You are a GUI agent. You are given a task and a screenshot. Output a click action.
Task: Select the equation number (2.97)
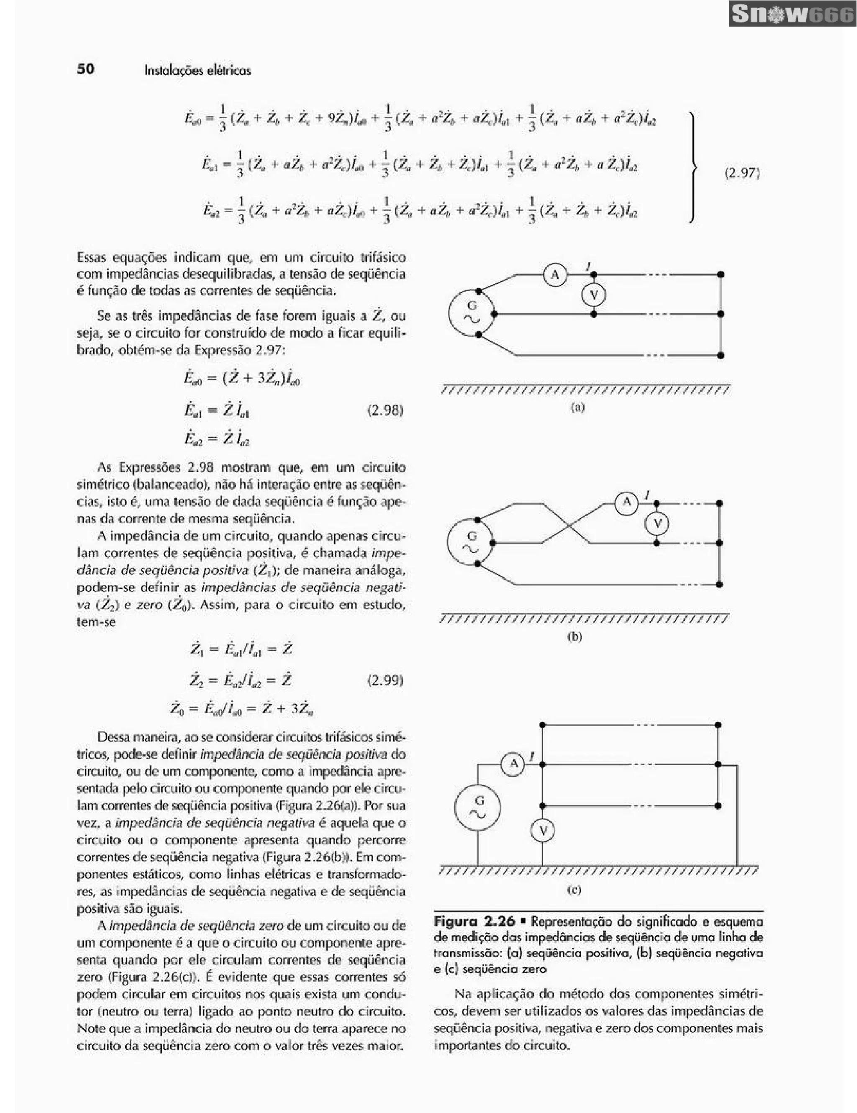tap(742, 173)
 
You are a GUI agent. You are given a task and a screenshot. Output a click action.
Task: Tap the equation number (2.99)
tap(385, 680)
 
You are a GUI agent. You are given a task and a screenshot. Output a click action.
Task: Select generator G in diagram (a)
tap(472, 313)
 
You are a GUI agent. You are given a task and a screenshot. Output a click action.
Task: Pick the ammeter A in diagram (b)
tap(627, 503)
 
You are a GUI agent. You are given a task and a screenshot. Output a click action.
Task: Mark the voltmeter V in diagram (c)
tap(543, 831)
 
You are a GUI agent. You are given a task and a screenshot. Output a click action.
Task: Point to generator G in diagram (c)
tap(477, 808)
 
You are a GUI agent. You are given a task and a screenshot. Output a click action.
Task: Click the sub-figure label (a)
tap(577, 408)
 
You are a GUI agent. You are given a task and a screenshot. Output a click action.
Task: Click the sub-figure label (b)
tap(574, 636)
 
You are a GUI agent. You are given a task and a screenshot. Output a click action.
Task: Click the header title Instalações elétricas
tap(198, 70)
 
